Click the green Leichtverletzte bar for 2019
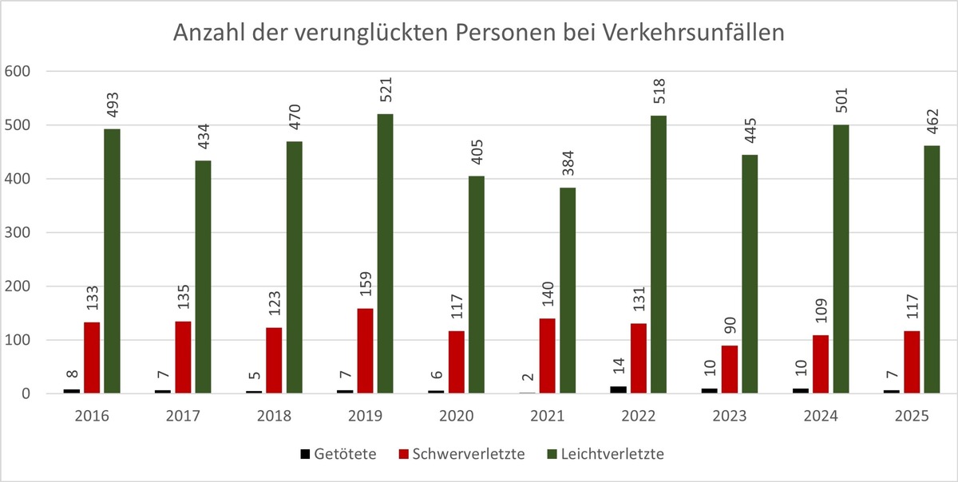click(x=385, y=254)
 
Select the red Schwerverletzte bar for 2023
click(x=730, y=369)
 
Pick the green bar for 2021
click(x=567, y=290)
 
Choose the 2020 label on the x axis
click(x=457, y=416)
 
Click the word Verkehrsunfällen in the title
click(x=693, y=34)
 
